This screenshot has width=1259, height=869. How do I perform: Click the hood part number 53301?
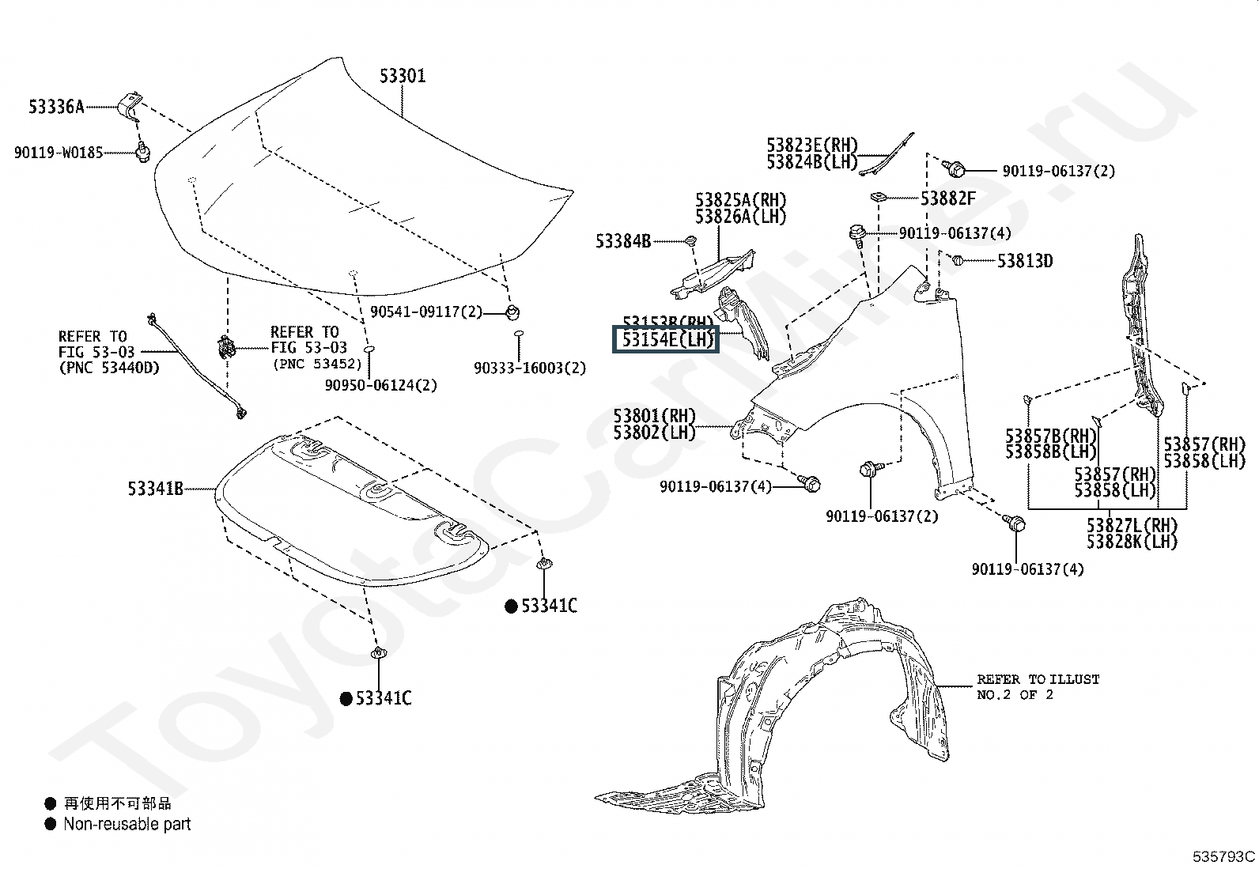[x=403, y=77]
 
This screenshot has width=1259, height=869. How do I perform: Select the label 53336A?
[x=56, y=107]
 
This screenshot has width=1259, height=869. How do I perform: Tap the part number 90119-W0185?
[x=58, y=153]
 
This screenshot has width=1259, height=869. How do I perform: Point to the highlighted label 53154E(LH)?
[x=666, y=340]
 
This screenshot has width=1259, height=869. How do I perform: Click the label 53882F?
[x=947, y=198]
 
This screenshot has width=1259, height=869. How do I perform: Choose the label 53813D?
[x=1024, y=261]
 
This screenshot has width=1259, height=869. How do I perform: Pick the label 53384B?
[x=623, y=241]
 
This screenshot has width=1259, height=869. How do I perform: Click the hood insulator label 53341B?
[x=155, y=489]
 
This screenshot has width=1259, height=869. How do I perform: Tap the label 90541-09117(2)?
[x=425, y=312]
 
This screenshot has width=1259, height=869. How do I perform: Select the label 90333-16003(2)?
[x=530, y=368]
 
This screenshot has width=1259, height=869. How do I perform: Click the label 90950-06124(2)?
[x=380, y=385]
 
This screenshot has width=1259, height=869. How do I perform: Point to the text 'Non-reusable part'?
[x=127, y=824]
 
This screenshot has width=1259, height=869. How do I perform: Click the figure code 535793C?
[x=1223, y=856]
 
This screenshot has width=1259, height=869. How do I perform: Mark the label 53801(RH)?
[x=654, y=416]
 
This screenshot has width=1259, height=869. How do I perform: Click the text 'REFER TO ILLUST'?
[x=1038, y=679]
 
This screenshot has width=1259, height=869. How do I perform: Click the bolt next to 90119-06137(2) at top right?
[x=955, y=168]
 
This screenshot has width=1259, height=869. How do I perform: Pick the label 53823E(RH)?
[x=811, y=145]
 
